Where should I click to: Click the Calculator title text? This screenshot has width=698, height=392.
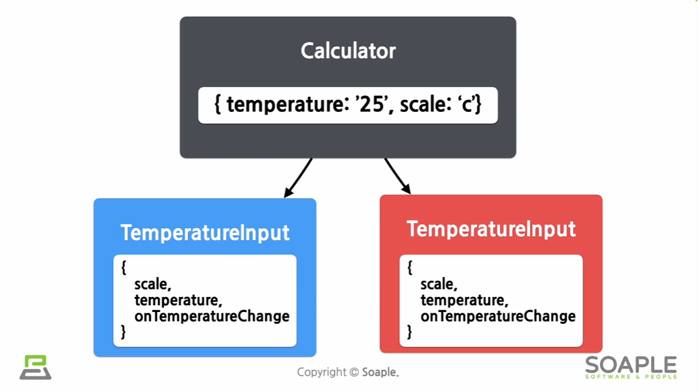click(x=348, y=51)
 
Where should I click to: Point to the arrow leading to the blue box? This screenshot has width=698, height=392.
click(x=298, y=178)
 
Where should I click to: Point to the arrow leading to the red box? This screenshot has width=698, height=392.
click(x=398, y=176)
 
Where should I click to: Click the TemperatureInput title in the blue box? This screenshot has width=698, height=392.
click(x=205, y=233)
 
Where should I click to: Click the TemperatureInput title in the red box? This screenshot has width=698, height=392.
click(x=491, y=229)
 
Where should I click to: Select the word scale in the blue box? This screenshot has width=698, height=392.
click(x=152, y=284)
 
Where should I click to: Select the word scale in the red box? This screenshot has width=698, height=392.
click(x=438, y=284)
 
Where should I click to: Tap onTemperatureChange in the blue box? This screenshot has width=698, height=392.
click(x=212, y=316)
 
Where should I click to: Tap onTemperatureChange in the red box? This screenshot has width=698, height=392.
click(x=498, y=316)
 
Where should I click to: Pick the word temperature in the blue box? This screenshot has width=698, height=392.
click(x=178, y=300)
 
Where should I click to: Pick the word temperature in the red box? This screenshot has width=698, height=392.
click(x=464, y=300)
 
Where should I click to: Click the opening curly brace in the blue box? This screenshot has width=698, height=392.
click(x=124, y=268)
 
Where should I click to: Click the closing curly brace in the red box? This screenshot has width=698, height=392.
click(x=410, y=332)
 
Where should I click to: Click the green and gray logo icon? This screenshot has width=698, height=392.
click(x=36, y=368)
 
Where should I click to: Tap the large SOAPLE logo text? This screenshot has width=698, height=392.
click(x=631, y=365)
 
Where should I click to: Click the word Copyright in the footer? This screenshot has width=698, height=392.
click(x=321, y=372)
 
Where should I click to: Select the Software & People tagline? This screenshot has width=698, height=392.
click(x=631, y=376)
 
